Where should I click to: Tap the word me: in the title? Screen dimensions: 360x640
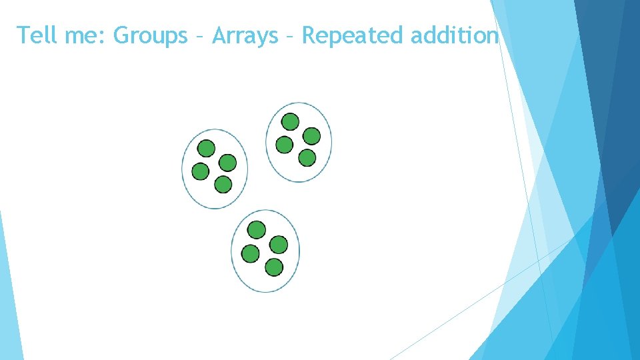point(87,35)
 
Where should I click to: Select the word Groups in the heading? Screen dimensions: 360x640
point(151,35)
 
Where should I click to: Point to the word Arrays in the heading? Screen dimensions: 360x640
point(245,35)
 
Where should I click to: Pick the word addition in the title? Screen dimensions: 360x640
point(455,35)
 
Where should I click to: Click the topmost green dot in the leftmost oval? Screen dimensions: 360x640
point(207,148)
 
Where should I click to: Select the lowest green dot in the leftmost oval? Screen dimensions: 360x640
point(223,184)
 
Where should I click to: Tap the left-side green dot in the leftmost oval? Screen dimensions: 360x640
point(200,172)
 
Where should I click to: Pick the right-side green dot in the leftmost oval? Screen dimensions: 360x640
point(228,163)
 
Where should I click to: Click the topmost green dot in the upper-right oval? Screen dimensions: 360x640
point(290,121)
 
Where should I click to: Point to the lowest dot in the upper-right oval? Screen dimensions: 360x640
point(307,158)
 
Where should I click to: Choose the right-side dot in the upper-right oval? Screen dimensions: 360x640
point(311,136)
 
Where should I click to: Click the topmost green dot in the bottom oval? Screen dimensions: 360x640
point(257,230)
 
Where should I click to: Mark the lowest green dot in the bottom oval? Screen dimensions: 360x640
point(273,267)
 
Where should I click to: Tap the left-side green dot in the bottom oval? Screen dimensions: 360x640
point(250,253)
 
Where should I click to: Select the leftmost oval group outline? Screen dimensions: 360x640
point(183,169)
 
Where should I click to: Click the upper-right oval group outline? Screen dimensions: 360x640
point(267,142)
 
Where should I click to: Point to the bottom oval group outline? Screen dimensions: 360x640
point(232,251)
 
